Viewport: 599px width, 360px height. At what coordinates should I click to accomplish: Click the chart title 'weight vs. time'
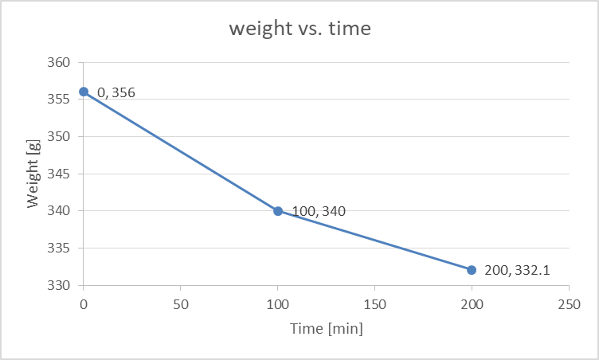[299, 29]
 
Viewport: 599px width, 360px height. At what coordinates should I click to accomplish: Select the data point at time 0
[84, 92]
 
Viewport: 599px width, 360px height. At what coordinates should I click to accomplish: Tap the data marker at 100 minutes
[278, 211]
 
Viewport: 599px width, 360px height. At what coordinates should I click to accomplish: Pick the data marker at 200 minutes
[472, 270]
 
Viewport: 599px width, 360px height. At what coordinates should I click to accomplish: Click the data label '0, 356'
[116, 92]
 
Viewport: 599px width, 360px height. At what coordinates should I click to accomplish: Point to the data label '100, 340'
[319, 211]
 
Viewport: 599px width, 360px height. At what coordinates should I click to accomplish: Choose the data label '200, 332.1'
[517, 270]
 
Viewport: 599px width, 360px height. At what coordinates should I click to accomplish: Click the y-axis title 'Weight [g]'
[33, 174]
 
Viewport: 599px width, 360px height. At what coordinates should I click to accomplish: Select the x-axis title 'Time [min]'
[327, 329]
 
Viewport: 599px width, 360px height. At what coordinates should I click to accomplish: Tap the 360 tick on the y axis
[59, 62]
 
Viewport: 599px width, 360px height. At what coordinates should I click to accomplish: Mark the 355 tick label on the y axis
[59, 100]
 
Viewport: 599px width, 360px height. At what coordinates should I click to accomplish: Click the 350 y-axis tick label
[59, 136]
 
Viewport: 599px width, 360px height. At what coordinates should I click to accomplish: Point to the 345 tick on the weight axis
[59, 174]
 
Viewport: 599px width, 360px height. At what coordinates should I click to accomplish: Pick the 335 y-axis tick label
[59, 248]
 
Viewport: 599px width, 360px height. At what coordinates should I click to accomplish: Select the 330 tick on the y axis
[59, 285]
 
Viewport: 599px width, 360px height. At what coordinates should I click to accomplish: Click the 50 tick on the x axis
[181, 304]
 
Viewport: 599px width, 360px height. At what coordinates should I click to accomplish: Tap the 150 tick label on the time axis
[374, 304]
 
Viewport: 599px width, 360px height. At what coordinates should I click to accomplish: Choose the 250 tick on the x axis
[569, 304]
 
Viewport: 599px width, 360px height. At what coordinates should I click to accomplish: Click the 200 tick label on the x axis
[472, 304]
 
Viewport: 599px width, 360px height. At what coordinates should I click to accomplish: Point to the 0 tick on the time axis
[84, 304]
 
